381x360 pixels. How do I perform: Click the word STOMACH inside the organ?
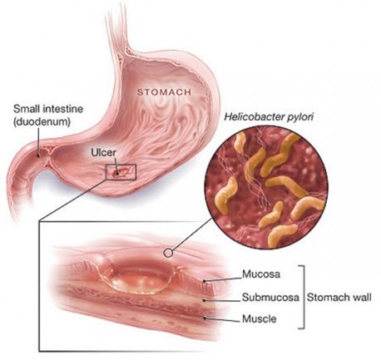(164, 92)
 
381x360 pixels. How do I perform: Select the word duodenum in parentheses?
(42, 122)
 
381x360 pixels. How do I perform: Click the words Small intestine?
(48, 109)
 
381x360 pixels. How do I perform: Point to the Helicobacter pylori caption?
(269, 117)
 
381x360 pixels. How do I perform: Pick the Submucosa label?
(270, 297)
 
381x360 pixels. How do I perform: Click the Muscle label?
(260, 319)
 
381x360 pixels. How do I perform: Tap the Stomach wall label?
(339, 298)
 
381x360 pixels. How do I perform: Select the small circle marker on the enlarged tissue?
(168, 253)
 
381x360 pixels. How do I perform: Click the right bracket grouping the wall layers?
(304, 297)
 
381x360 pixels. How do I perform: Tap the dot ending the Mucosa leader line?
(205, 281)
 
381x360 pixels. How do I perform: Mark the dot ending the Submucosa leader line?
(205, 300)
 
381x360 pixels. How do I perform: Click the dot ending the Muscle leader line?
(205, 318)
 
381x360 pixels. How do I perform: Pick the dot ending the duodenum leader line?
(39, 155)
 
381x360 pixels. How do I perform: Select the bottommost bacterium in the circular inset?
(281, 234)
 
